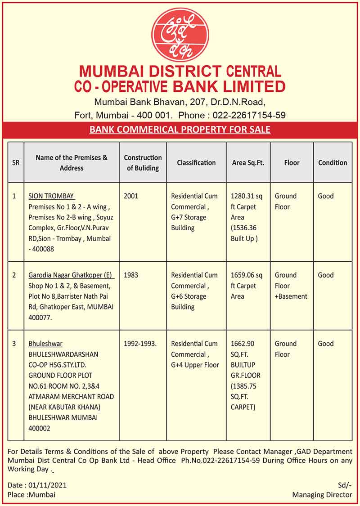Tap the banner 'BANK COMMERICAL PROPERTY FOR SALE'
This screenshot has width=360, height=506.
180,130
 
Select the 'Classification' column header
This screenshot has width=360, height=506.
196,162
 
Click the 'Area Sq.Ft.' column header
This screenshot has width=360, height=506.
248,162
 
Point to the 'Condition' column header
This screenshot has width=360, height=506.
333,162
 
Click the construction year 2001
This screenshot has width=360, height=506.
131,196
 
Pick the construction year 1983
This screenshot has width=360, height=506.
131,275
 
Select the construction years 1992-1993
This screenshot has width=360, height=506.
140,344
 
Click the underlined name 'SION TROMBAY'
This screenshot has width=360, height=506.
51,196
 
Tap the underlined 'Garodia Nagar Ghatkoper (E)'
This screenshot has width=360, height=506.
71,275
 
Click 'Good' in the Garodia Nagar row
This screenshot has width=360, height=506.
326,275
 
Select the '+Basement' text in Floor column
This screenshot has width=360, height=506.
291,296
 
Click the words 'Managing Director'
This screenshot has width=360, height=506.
322,495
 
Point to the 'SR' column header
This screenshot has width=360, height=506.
16,162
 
